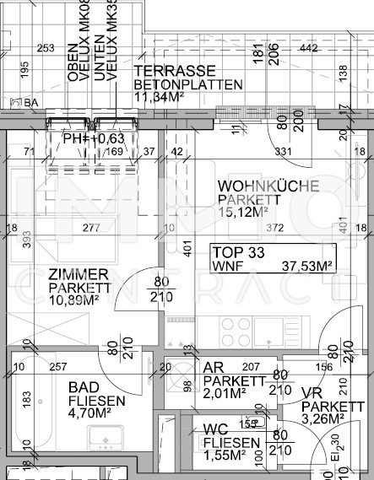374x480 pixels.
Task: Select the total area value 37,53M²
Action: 306,265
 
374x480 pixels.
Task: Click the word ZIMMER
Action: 78,274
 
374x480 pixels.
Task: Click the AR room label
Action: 213,368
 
